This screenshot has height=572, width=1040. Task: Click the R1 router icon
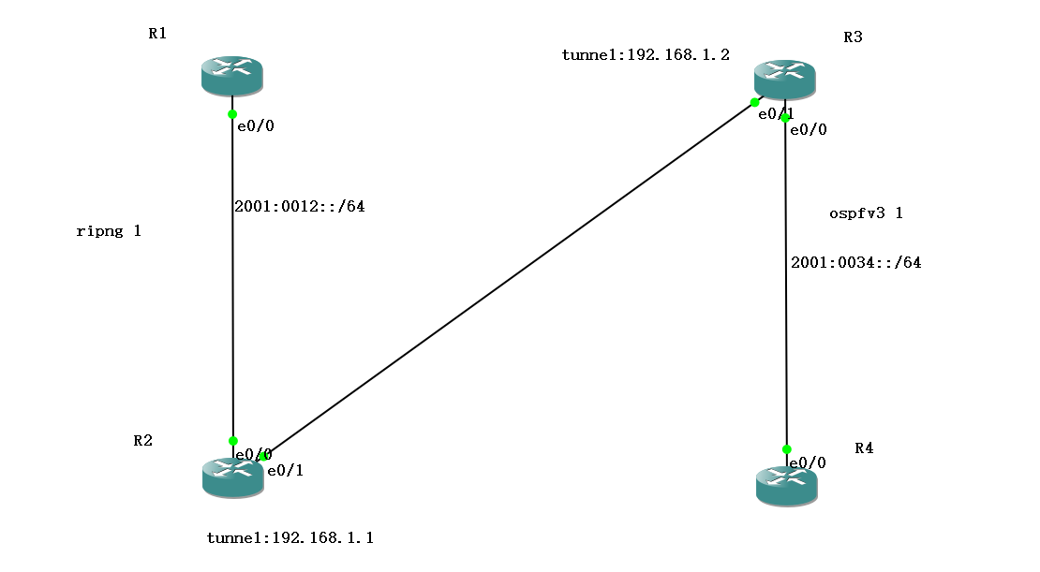click(x=231, y=75)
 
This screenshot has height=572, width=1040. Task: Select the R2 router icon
click(x=232, y=477)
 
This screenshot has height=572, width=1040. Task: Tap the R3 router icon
click(x=784, y=80)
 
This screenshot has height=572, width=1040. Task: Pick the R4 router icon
click(x=786, y=486)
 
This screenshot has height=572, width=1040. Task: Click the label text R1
click(x=157, y=34)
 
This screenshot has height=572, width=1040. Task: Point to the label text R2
click(x=142, y=441)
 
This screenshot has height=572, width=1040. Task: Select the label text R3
click(x=853, y=37)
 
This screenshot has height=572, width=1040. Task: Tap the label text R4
click(x=864, y=448)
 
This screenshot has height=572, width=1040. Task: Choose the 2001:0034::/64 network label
click(x=855, y=263)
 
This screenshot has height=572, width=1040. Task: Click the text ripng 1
click(x=109, y=231)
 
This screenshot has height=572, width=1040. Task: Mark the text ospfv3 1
click(x=866, y=213)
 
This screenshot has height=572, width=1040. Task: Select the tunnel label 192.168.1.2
click(x=646, y=55)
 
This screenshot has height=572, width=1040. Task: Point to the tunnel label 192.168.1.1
click(x=290, y=538)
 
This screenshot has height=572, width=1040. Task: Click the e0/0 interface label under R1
click(x=256, y=126)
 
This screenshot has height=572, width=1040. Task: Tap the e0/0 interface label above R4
click(x=808, y=463)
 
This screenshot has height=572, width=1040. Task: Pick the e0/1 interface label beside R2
click(x=285, y=471)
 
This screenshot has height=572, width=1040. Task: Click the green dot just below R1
click(x=232, y=114)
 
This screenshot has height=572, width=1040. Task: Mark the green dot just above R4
click(x=786, y=449)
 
